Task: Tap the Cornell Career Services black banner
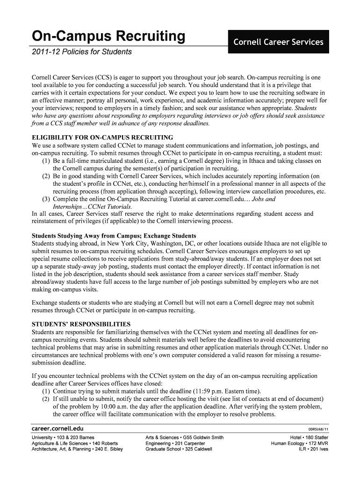click(x=278, y=42)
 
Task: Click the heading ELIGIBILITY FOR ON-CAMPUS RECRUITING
click(x=102, y=138)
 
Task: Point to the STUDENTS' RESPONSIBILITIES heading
click(x=81, y=324)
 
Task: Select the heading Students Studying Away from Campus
click(x=114, y=235)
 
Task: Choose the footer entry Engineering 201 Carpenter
click(x=175, y=443)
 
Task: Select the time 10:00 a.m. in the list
click(x=117, y=406)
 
